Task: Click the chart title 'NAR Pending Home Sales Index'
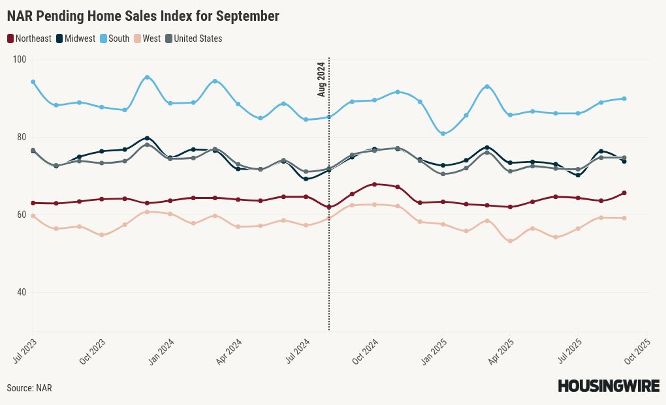tap(143, 16)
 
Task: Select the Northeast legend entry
tap(29, 38)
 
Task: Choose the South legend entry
tap(114, 38)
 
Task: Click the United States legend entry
tap(193, 38)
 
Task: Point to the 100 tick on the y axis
tap(20, 59)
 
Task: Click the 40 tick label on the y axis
tap(22, 292)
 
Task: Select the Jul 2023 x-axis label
tap(25, 350)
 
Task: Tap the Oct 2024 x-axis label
tap(365, 350)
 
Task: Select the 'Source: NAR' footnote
tap(29, 388)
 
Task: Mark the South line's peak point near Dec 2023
tap(147, 78)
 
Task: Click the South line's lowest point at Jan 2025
tap(443, 134)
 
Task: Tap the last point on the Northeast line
tap(624, 193)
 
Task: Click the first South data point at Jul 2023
tap(33, 82)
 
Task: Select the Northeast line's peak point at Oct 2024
tap(374, 185)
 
